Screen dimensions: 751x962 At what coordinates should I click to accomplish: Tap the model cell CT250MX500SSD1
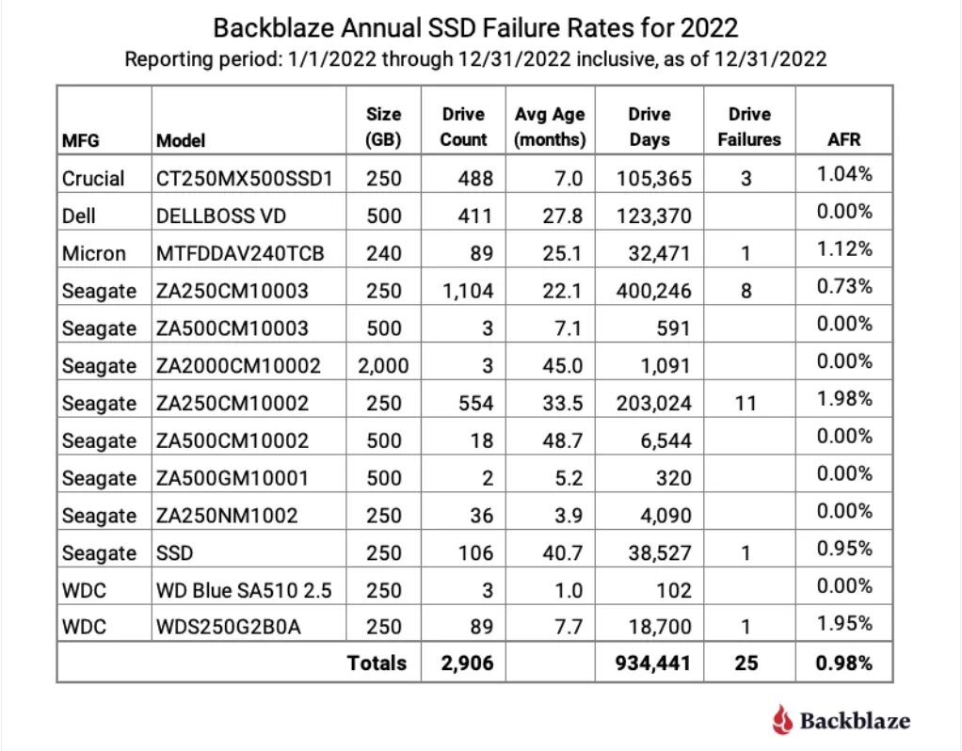pos(244,178)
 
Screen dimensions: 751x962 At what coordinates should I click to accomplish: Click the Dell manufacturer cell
pos(79,216)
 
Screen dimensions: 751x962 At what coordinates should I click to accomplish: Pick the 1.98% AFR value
pos(844,398)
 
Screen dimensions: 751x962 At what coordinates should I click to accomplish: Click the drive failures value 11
pos(746,403)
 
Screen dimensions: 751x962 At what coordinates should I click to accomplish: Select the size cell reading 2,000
pos(383,365)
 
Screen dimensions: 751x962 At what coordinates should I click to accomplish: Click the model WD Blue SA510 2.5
pos(243,591)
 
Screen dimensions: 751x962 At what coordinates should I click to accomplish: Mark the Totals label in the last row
pos(377,663)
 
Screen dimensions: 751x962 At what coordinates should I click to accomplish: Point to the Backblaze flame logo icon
pos(782,720)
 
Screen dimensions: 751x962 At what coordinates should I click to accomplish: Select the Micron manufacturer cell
pos(93,253)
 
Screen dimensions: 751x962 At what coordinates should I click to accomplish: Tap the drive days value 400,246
pos(650,291)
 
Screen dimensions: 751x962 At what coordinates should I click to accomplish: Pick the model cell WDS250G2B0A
pos(229,628)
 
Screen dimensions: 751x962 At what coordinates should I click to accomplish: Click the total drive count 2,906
pos(468,663)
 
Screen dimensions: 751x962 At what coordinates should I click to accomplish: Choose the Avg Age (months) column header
pos(550,127)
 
